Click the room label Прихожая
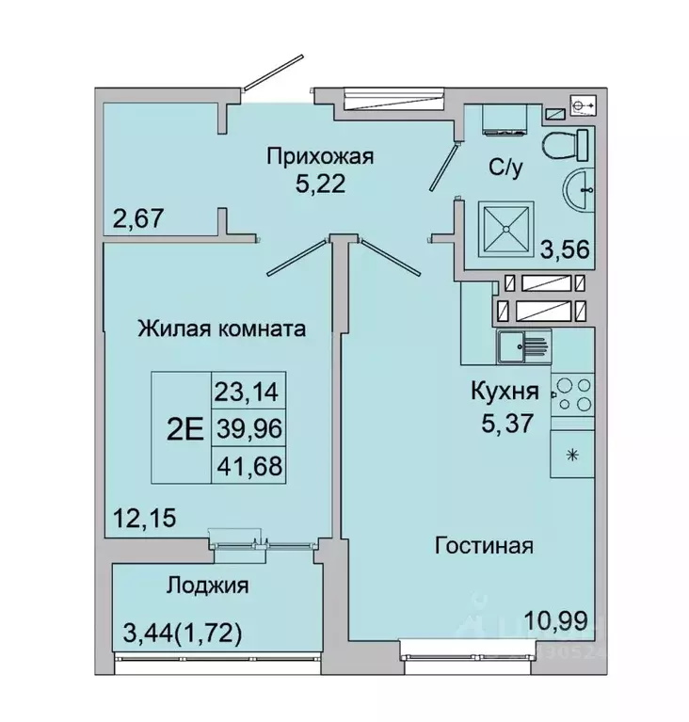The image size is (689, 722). click(320, 157)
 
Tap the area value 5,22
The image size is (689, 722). click(320, 184)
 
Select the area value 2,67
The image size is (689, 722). click(138, 218)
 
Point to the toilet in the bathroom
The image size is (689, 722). click(564, 146)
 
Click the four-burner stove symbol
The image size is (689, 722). click(572, 394)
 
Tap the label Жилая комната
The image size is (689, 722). click(221, 329)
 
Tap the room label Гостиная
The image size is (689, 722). click(484, 545)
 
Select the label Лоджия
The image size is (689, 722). click(207, 586)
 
